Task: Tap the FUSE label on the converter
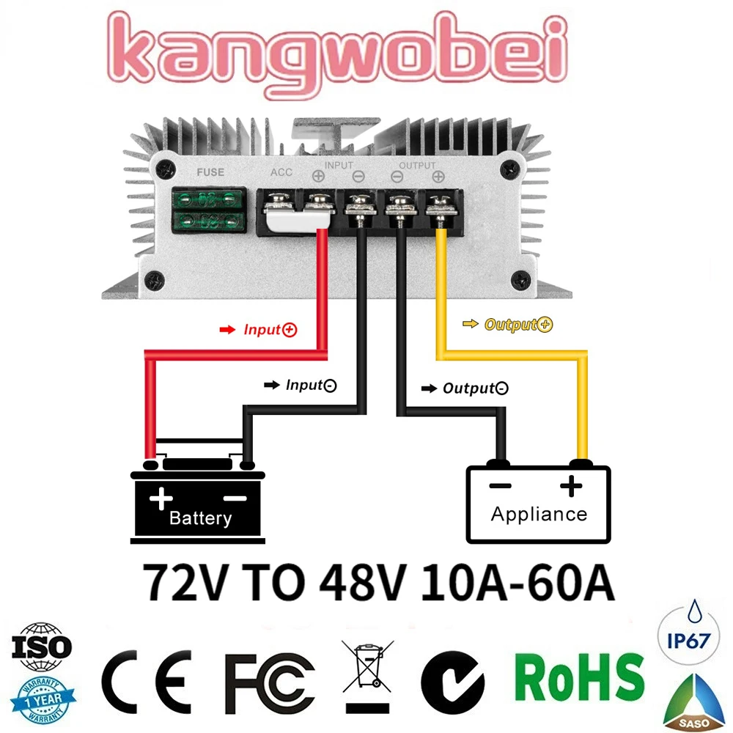pos(210,173)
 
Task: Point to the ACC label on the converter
pos(281,173)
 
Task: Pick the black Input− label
pos(310,385)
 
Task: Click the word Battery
pos(200,519)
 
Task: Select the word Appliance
pos(539,514)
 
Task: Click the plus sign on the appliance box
pos(570,485)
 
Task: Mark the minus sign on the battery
pos(235,498)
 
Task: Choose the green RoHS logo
pos(579,676)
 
